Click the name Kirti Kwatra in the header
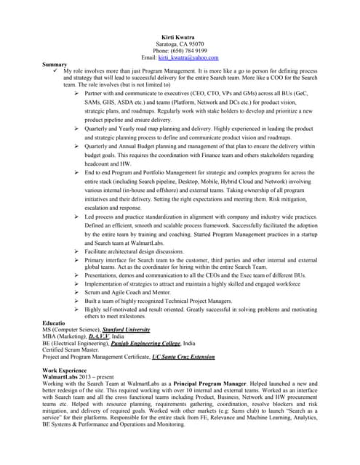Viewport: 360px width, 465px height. point(180,36)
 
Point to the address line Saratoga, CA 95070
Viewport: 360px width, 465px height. point(180,43)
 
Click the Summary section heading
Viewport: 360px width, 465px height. point(56,64)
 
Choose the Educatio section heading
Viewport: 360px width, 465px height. point(55,320)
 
